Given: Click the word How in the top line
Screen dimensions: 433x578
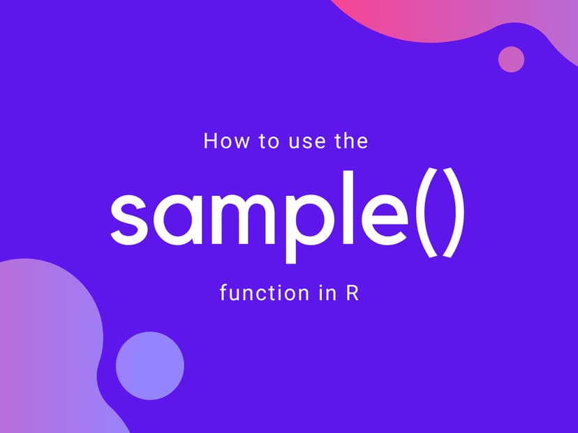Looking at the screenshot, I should tap(221, 142).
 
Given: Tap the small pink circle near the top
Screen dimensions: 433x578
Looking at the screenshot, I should tap(511, 59).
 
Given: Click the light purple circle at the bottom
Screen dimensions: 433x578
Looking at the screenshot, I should tap(149, 365).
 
